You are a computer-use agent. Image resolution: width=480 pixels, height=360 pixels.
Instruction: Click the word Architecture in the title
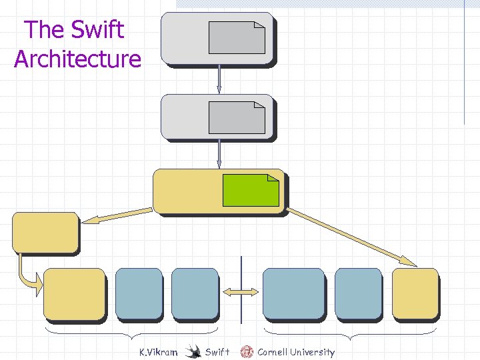[x=77, y=59]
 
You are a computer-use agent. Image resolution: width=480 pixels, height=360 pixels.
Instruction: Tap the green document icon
[x=250, y=190]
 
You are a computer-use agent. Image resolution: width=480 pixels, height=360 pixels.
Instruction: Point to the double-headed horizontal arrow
[x=241, y=292]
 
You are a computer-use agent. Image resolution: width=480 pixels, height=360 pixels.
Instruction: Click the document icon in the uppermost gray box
[x=237, y=37]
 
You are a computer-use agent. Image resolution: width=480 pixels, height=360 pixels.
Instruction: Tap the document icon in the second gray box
[x=237, y=118]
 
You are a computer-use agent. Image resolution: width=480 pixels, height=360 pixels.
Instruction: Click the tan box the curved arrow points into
[x=74, y=293]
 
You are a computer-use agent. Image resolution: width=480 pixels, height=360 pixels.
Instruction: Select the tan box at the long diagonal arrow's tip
[x=415, y=293]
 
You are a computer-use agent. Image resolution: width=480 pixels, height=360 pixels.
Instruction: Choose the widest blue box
[x=293, y=293]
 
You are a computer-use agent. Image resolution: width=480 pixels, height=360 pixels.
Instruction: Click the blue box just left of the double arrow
[x=195, y=293]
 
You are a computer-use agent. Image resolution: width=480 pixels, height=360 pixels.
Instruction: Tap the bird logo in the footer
[x=193, y=351]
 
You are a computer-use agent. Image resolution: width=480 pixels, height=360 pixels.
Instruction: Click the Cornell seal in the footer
[x=247, y=351]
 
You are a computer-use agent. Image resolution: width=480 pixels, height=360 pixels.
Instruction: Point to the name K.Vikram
[x=158, y=352]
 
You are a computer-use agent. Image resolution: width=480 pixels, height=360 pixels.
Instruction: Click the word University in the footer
[x=312, y=352]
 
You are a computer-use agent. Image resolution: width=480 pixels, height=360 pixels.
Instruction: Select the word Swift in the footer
[x=217, y=352]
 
